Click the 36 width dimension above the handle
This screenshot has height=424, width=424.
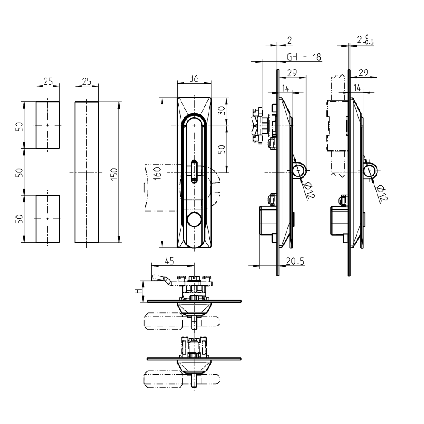point(194,79)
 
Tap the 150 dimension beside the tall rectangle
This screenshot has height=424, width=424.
point(114,173)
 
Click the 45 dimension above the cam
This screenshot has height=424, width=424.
point(170,262)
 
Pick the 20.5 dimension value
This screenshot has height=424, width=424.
point(295,262)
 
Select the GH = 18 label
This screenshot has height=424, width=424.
point(304,57)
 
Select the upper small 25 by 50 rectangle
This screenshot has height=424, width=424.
point(47,125)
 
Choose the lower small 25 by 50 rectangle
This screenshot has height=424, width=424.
point(47,219)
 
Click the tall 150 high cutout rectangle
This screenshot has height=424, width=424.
point(87,172)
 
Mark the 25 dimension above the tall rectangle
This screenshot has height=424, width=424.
point(87,81)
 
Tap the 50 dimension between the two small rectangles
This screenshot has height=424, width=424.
point(19,172)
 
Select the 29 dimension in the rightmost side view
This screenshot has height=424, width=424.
point(363,73)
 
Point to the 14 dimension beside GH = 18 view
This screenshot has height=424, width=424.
point(285,88)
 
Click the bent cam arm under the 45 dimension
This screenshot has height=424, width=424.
point(163,279)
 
